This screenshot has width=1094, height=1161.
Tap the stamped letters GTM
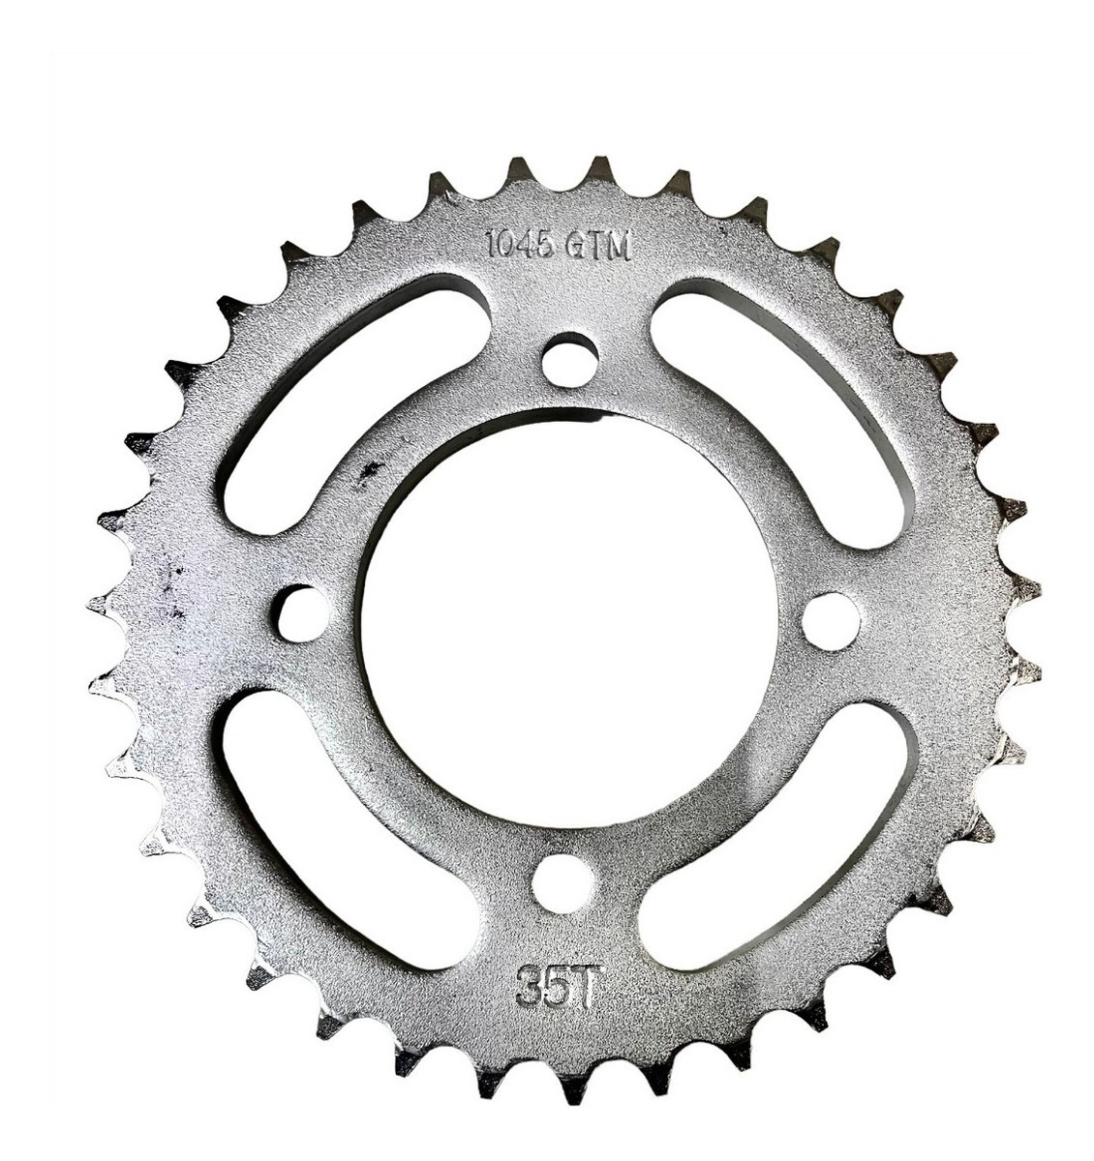click(599, 246)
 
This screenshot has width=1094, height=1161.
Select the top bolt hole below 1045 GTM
click(569, 361)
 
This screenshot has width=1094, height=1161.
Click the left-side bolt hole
click(302, 613)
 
